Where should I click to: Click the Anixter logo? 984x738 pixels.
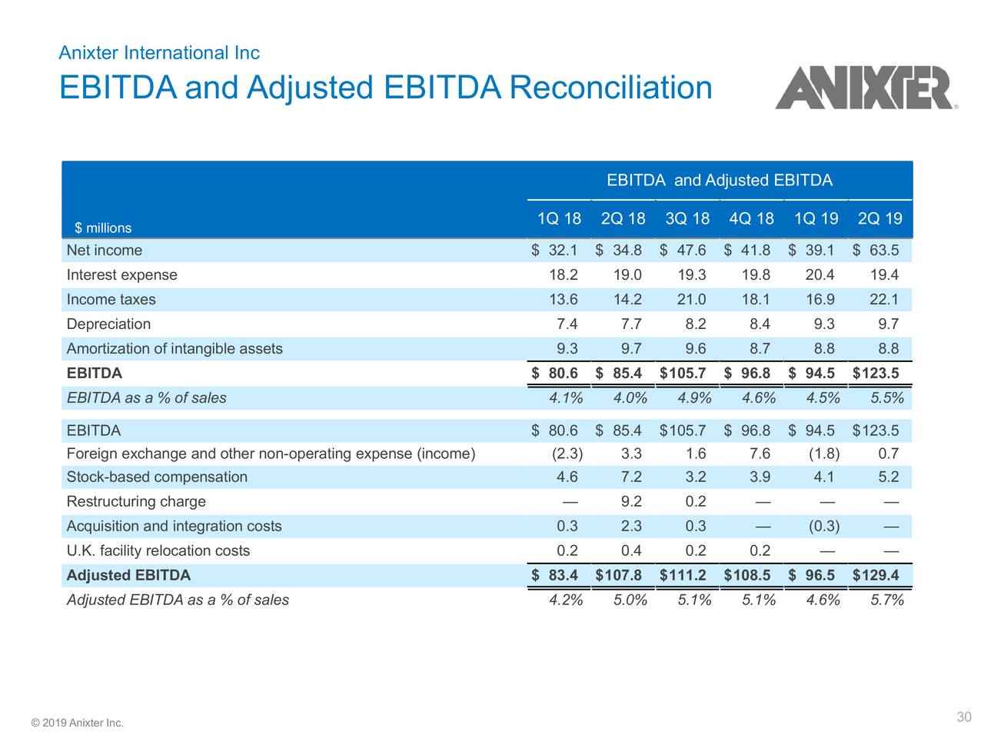point(866,88)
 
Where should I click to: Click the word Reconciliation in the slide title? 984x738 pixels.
point(610,87)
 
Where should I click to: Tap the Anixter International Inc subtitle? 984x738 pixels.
point(159,53)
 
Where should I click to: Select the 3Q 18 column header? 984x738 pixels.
point(687,219)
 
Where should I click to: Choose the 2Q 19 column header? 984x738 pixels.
point(879,219)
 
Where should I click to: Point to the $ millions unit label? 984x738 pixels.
point(103,228)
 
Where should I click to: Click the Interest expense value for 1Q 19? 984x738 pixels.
point(818,275)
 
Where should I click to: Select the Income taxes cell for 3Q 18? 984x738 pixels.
point(690,300)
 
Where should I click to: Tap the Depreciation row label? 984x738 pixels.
point(108,324)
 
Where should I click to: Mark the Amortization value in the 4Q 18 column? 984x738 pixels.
point(760,349)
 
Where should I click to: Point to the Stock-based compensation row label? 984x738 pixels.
point(157,477)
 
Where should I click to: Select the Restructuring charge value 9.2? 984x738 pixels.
point(631,502)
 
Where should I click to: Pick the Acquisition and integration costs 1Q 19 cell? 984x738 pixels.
point(823,527)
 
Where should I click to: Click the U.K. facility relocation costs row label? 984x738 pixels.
point(158,551)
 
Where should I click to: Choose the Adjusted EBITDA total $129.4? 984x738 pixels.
point(876,576)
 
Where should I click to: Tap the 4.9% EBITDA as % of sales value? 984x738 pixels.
point(694,398)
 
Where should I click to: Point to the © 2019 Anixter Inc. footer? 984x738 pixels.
point(77,723)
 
